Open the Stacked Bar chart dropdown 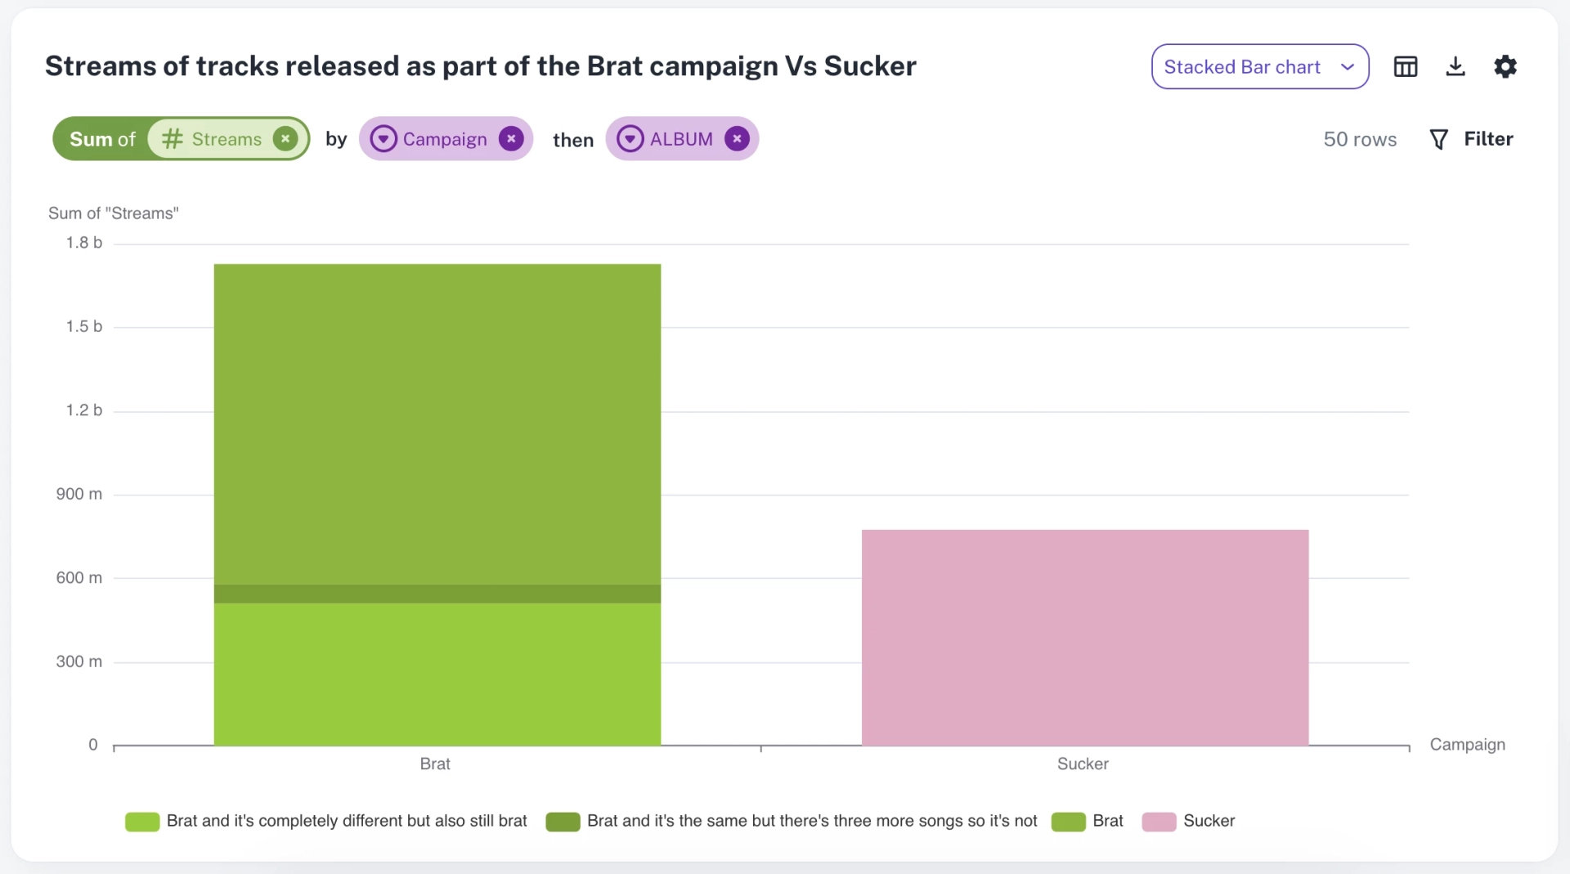pyautogui.click(x=1259, y=66)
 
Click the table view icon pyautogui.click(x=1405, y=66)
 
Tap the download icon pyautogui.click(x=1455, y=66)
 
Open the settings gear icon pyautogui.click(x=1505, y=66)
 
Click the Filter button pyautogui.click(x=1471, y=139)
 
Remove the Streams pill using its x pyautogui.click(x=285, y=139)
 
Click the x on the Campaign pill pyautogui.click(x=511, y=139)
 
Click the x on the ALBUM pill pyautogui.click(x=737, y=139)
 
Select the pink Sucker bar pyautogui.click(x=1085, y=638)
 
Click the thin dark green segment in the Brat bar pyautogui.click(x=437, y=594)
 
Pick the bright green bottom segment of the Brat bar pyautogui.click(x=437, y=675)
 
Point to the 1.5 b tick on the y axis pyautogui.click(x=84, y=326)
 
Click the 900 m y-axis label pyautogui.click(x=79, y=494)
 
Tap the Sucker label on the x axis pyautogui.click(x=1083, y=764)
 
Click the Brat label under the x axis pyautogui.click(x=435, y=764)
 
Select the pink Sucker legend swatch pyautogui.click(x=1159, y=821)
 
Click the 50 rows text pyautogui.click(x=1360, y=139)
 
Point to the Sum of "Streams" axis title pyautogui.click(x=114, y=213)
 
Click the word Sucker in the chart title pyautogui.click(x=870, y=65)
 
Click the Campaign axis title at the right pyautogui.click(x=1467, y=745)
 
